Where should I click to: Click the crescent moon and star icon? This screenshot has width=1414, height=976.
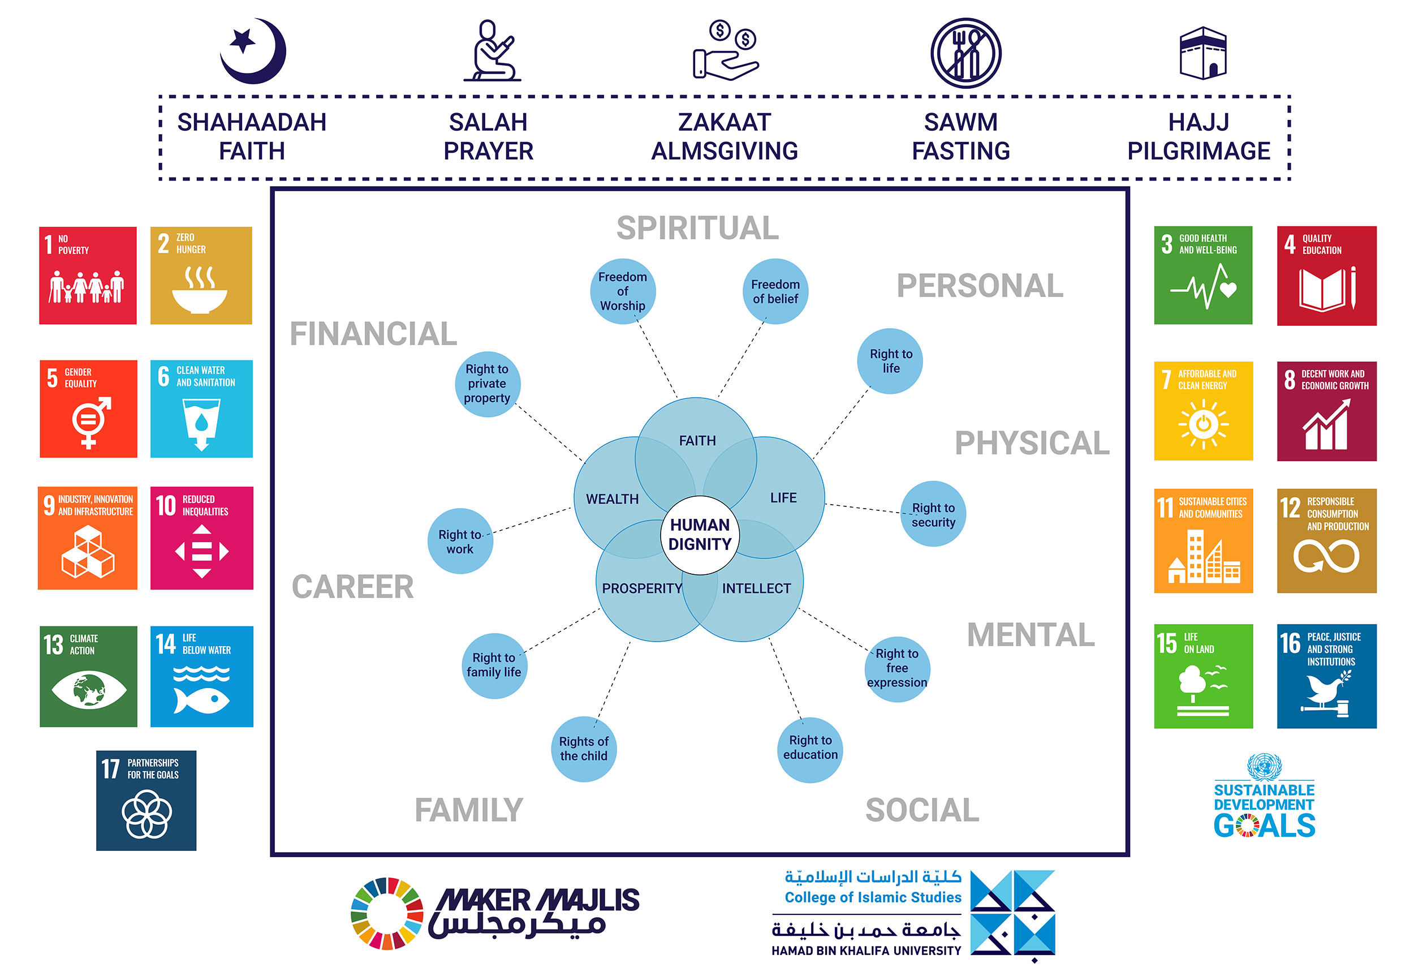(x=253, y=51)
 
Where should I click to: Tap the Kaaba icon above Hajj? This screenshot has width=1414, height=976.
(x=1202, y=53)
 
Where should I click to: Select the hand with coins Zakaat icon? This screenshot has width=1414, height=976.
(x=725, y=51)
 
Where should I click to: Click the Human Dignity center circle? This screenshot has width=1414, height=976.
(x=700, y=535)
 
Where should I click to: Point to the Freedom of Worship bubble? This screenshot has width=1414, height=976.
(x=622, y=291)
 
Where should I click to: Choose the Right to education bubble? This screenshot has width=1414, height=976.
(x=810, y=748)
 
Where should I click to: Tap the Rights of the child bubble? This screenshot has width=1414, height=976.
(x=583, y=749)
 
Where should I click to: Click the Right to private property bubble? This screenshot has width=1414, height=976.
(x=487, y=384)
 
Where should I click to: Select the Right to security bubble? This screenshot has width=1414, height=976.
(x=933, y=514)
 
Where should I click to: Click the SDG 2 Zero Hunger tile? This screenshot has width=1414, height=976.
(x=201, y=275)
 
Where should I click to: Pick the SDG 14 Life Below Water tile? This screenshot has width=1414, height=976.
(x=202, y=676)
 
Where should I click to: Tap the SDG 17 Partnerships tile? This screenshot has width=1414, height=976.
(x=146, y=800)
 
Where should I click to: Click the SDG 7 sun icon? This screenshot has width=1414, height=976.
(x=1203, y=423)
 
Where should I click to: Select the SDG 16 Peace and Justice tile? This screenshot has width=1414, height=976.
(x=1326, y=676)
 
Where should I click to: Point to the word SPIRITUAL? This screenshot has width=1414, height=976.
(x=697, y=227)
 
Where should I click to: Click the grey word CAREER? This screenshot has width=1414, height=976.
(x=353, y=587)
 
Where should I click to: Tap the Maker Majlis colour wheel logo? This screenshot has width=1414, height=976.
(x=387, y=913)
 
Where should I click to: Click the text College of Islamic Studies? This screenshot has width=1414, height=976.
(x=872, y=897)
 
